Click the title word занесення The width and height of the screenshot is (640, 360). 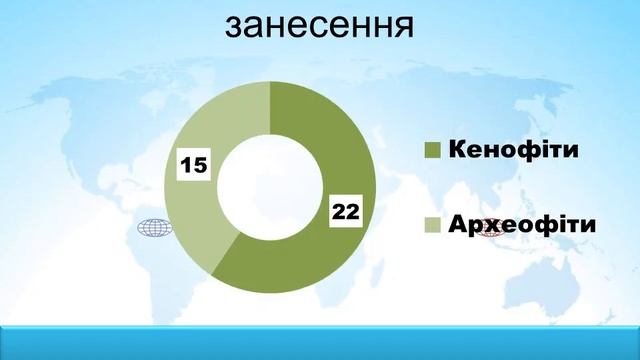pos(319,25)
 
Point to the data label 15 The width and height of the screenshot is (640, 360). pos(194,163)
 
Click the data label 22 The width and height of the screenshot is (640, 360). pos(345,212)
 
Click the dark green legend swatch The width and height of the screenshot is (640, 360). pos(433,150)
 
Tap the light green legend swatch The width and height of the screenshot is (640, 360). pos(433,227)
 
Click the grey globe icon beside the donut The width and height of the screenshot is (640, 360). pos(153,230)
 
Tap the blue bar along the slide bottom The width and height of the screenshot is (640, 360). pos(320,341)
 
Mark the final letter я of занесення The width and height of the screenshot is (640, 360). pos(402,27)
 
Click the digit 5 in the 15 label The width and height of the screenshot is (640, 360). pos(200,163)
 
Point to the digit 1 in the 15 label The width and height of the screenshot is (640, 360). pos(187,163)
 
